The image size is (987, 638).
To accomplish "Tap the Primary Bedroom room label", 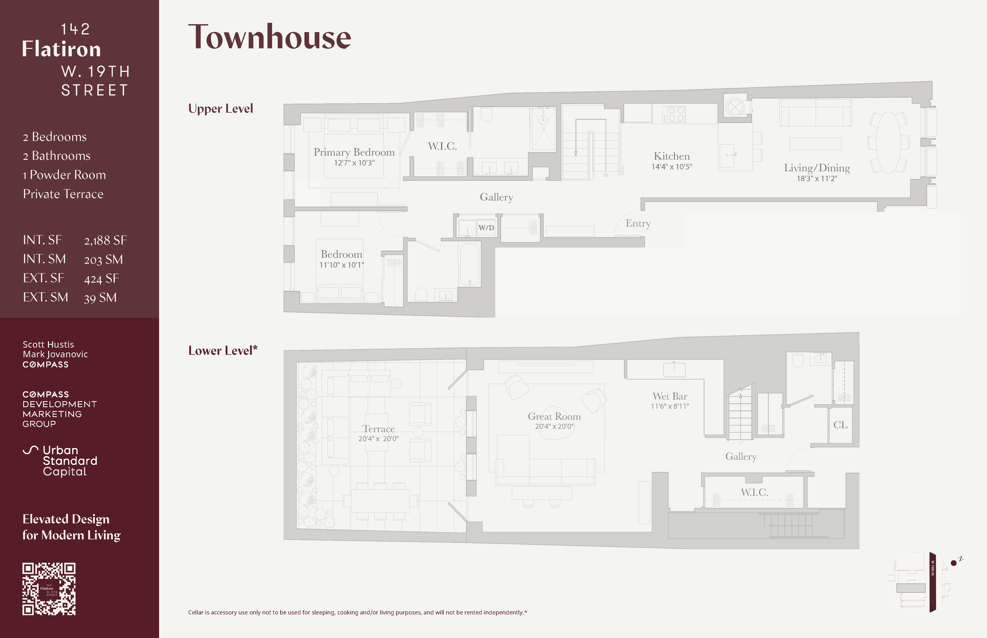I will pos(354,153).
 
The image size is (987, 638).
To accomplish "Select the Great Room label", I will pos(554,416).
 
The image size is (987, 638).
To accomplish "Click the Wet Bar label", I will pos(670,397).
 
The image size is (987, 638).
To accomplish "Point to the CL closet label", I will pos(840,425).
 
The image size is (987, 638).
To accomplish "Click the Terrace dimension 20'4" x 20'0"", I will pos(378,439).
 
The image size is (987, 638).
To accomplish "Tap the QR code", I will pos(49,589).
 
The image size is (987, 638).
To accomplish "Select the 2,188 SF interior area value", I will pos(105,240).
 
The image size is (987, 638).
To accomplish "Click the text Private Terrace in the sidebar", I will pos(63,194).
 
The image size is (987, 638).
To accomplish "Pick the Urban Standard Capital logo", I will pos(60,461).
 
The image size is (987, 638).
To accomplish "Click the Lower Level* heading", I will pos(223,351).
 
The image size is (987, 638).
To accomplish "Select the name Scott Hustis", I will pos(48,344).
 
